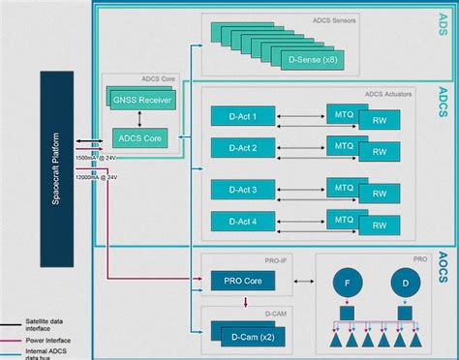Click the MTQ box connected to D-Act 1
pyautogui.click(x=345, y=113)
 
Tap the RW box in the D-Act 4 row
pyautogui.click(x=379, y=226)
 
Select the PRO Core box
pyautogui.click(x=243, y=281)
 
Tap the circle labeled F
pyautogui.click(x=349, y=285)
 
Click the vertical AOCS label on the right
pyautogui.click(x=442, y=265)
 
